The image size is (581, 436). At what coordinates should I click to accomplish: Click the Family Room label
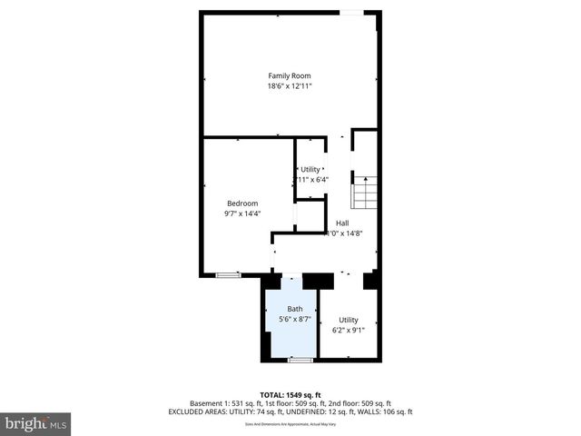pyautogui.click(x=289, y=75)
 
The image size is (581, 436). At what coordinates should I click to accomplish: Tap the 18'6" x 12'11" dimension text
pyautogui.click(x=289, y=86)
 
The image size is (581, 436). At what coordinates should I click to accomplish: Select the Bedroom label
pyautogui.click(x=241, y=203)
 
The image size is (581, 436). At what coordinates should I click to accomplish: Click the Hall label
pyautogui.click(x=342, y=223)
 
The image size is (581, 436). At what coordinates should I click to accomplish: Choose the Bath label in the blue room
pyautogui.click(x=295, y=309)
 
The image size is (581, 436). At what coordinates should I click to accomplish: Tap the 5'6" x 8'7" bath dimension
pyautogui.click(x=295, y=320)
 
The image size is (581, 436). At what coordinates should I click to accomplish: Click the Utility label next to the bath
pyautogui.click(x=349, y=320)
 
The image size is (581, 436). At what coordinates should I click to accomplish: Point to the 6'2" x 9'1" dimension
pyautogui.click(x=349, y=331)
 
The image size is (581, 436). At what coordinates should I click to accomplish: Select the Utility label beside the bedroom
pyautogui.click(x=310, y=169)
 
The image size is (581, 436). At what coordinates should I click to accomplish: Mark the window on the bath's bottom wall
pyautogui.click(x=300, y=361)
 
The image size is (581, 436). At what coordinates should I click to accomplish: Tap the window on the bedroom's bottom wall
pyautogui.click(x=228, y=274)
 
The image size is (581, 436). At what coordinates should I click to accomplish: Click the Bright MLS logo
pyautogui.click(x=36, y=424)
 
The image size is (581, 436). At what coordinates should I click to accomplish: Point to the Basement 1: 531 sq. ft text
pyautogui.click(x=228, y=403)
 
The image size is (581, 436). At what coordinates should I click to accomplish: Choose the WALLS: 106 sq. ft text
pyautogui.click(x=384, y=411)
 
